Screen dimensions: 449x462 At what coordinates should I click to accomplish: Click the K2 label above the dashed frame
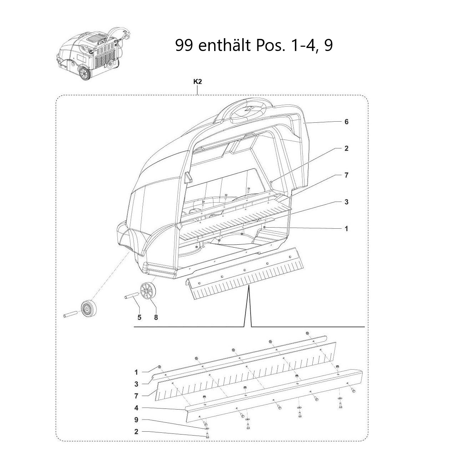click(x=197, y=82)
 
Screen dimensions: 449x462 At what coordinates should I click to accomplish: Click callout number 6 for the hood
click(x=346, y=122)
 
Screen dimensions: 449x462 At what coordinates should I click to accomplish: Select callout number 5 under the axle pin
click(x=139, y=317)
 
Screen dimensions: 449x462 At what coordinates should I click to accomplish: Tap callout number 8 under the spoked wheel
click(x=156, y=317)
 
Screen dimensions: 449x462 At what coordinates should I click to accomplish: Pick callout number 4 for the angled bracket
click(x=136, y=408)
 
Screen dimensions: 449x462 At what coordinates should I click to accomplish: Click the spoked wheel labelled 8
click(x=147, y=291)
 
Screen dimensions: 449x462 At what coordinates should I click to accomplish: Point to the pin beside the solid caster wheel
click(x=70, y=315)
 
